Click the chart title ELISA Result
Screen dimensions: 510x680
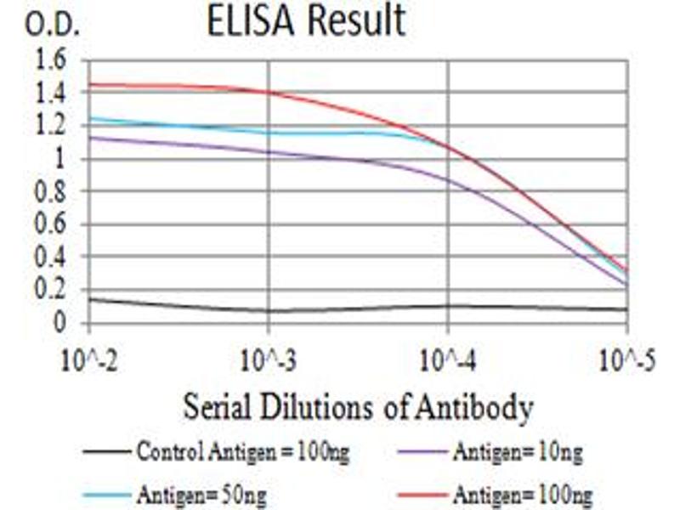pyautogui.click(x=306, y=22)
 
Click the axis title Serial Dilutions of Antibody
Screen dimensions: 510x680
pyautogui.click(x=357, y=408)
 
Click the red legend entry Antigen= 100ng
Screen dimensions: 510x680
pyautogui.click(x=522, y=493)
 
